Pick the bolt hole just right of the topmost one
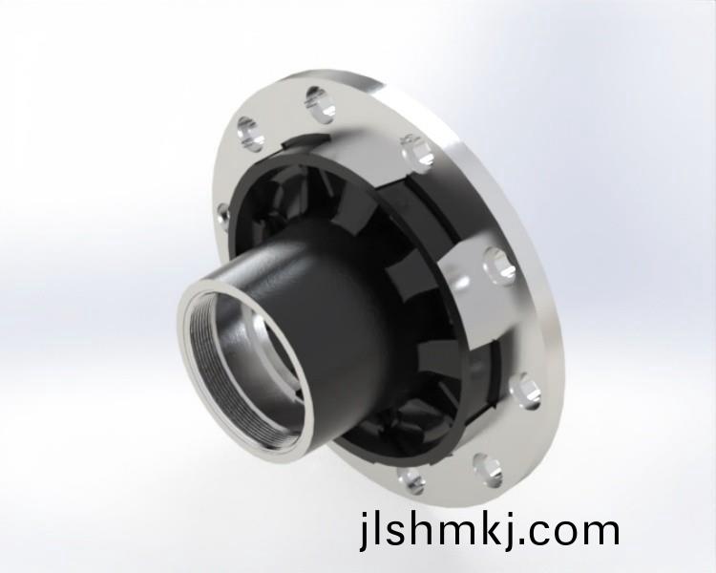[417, 150]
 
